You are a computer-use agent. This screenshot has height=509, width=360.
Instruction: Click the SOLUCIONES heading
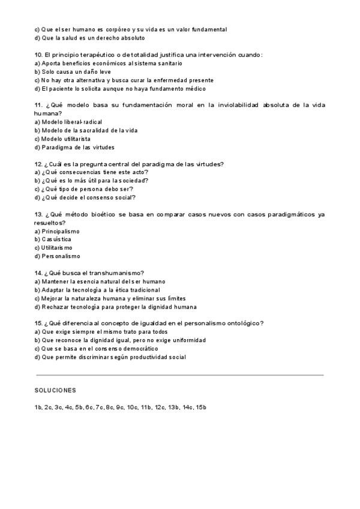pos(55,390)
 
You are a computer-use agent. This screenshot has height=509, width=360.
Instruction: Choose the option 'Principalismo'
pos(61,231)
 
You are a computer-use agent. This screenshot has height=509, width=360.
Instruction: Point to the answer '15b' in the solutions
pos(201,408)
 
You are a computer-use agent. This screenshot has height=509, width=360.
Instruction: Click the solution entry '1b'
pos(38,408)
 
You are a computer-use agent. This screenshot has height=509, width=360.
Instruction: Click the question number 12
pos(39,164)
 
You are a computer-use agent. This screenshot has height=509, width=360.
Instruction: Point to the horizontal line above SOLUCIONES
pos(180,375)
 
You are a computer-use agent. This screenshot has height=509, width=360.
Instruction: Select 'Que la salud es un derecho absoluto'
pos(90,38)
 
